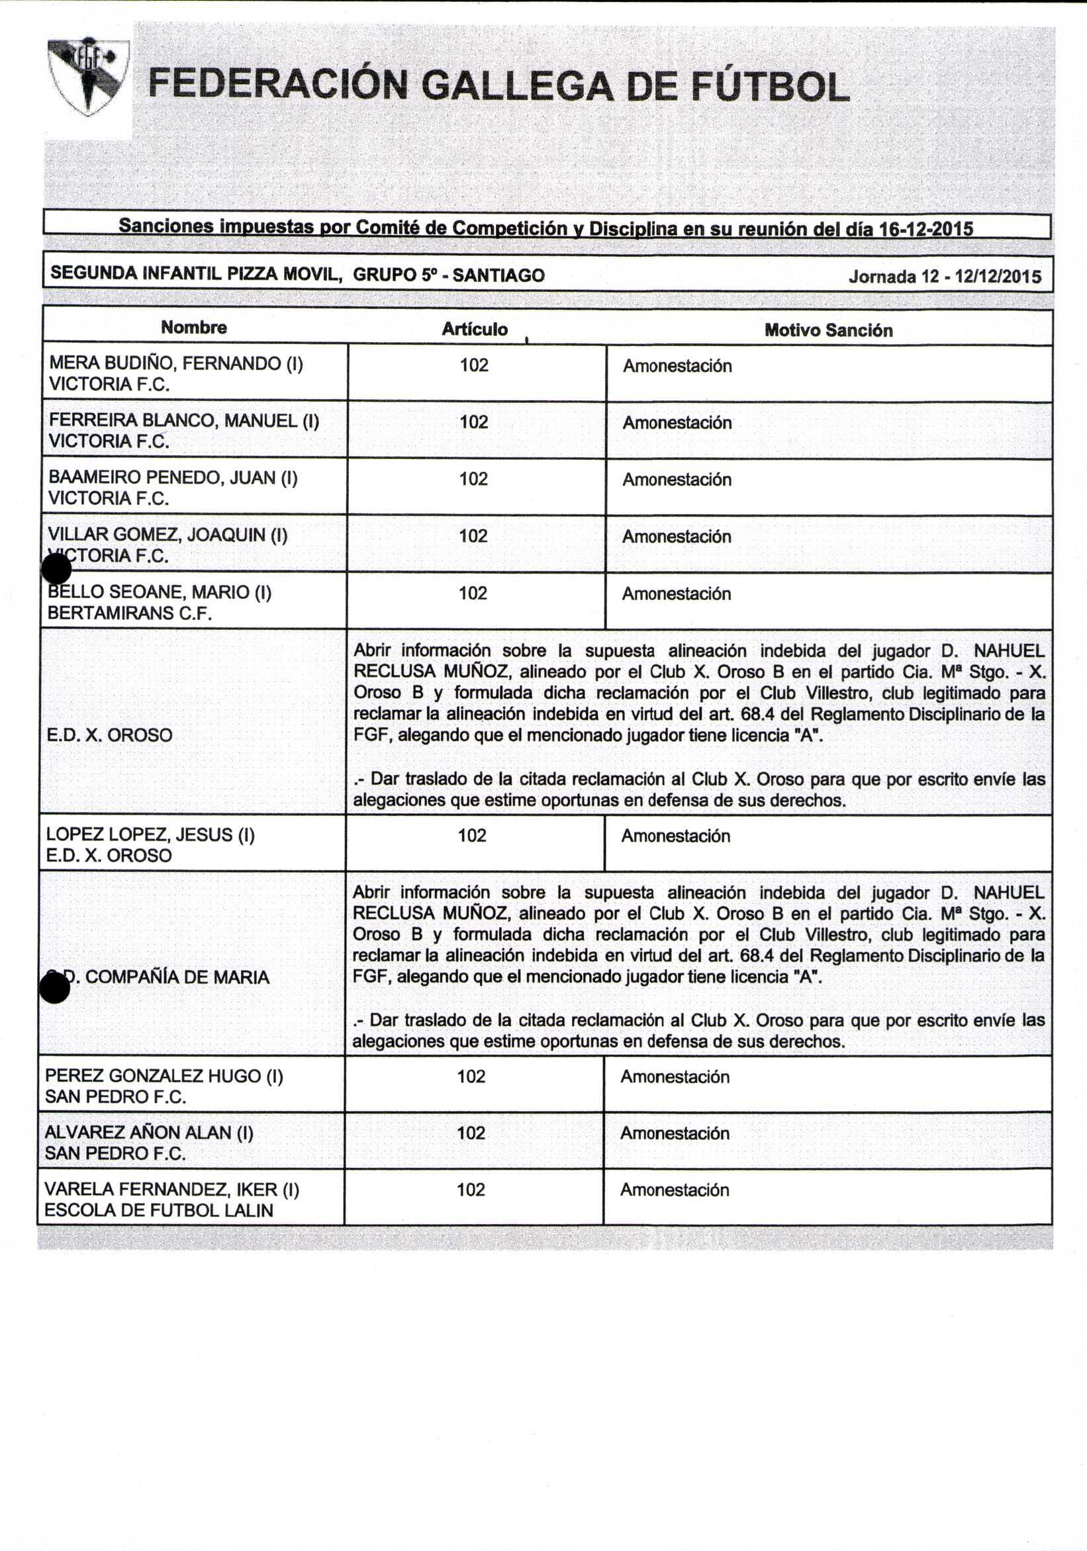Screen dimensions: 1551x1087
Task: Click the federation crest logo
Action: (x=89, y=75)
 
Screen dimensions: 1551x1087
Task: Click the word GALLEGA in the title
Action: (x=516, y=87)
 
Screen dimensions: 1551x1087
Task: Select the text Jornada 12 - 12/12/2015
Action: (x=945, y=277)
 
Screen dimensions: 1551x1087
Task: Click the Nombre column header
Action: (x=194, y=328)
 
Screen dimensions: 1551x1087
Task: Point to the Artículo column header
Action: (x=475, y=329)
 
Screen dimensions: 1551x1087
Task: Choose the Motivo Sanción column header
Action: (x=828, y=330)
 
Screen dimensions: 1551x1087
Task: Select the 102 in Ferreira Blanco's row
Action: (x=474, y=422)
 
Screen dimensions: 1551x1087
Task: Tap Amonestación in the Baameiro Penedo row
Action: (x=677, y=480)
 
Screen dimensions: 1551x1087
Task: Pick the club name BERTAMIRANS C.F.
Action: (x=130, y=613)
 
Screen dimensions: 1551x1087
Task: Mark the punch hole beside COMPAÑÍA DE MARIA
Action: (x=55, y=988)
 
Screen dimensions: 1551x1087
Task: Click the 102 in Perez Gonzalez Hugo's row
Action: (x=471, y=1076)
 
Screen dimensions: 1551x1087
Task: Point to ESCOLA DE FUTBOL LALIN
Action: (x=159, y=1210)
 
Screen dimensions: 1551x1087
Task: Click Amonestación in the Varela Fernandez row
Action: (x=675, y=1190)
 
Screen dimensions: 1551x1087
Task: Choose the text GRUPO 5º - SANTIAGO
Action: (x=449, y=275)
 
